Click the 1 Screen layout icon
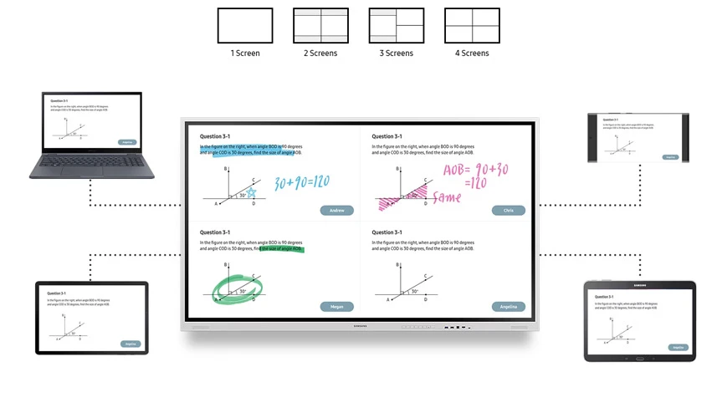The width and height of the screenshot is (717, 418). coord(245,25)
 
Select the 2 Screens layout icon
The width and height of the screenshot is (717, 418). coord(320,25)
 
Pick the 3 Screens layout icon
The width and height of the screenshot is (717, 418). coord(397,25)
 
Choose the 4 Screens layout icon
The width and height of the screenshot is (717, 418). coord(472,25)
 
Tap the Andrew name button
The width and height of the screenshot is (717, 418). coord(336,211)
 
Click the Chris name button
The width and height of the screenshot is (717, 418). coord(508,211)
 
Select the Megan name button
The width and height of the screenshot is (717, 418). coord(336,307)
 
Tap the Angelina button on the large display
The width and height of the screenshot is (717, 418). coord(508,307)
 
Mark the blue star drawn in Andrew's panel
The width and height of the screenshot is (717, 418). coord(250,193)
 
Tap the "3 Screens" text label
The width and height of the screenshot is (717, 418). coord(397,54)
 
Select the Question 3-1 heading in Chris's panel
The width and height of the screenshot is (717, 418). coord(387,136)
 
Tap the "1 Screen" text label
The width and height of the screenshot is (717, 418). coord(245,54)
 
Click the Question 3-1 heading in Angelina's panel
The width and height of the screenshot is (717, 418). coord(387,232)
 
